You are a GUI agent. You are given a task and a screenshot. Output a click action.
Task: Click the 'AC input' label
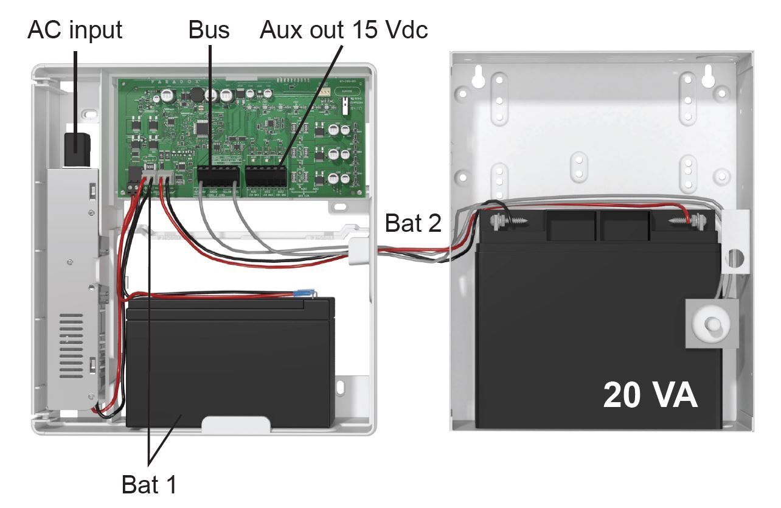[75, 29]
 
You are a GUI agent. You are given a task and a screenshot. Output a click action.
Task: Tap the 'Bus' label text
[209, 29]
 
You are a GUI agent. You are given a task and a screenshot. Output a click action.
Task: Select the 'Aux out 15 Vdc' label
[344, 29]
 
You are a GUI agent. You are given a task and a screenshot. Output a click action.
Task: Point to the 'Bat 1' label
[150, 484]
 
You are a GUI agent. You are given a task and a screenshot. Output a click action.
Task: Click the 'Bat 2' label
[413, 223]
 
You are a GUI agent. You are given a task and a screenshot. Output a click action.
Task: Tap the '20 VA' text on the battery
[650, 395]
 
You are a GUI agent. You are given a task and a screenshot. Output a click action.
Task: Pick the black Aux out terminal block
[266, 176]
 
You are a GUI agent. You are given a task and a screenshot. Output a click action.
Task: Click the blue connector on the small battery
[302, 296]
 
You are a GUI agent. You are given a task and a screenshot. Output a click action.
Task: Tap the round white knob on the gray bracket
[710, 322]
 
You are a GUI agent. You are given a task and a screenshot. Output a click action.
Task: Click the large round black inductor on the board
[196, 95]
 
